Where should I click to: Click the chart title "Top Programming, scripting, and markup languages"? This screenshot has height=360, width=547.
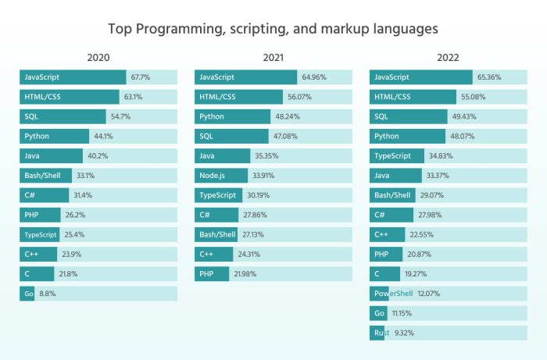pyautogui.click(x=273, y=29)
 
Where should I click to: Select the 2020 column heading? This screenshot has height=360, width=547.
pyautogui.click(x=98, y=58)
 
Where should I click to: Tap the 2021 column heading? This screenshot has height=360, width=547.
pyautogui.click(x=273, y=58)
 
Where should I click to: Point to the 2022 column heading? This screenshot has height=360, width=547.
pyautogui.click(x=448, y=58)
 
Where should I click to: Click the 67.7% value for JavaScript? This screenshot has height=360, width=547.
pyautogui.click(x=141, y=77)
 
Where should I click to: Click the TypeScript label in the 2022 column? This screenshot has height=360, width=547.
pyautogui.click(x=395, y=156)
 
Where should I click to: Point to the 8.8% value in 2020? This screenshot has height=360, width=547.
pyautogui.click(x=48, y=294)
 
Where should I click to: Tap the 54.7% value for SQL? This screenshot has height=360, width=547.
pyautogui.click(x=120, y=116)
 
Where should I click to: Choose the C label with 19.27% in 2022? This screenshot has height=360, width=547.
pyautogui.click(x=377, y=274)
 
